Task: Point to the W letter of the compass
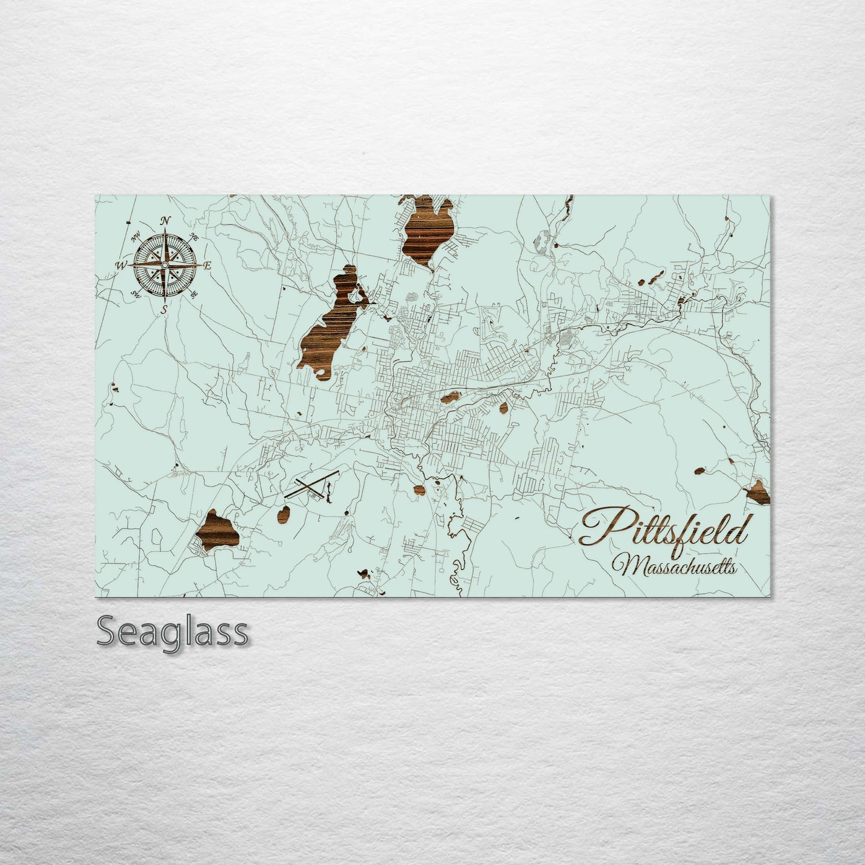pyautogui.click(x=122, y=265)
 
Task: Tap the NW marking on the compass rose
pyautogui.click(x=135, y=234)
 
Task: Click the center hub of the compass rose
pyautogui.click(x=165, y=265)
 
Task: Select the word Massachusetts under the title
pyautogui.click(x=673, y=565)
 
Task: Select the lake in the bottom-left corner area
pyautogui.click(x=220, y=530)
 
